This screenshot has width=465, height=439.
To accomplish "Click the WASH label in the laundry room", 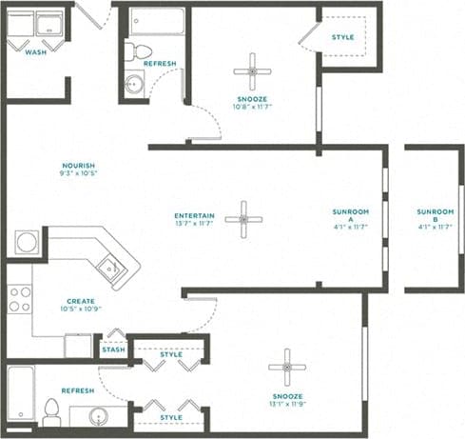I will tap(35, 52).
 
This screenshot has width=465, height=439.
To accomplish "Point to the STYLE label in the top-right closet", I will tap(343, 37).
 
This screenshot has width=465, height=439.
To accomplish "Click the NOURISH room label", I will tap(77, 165).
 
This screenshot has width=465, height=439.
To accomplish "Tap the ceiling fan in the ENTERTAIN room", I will tap(243, 220).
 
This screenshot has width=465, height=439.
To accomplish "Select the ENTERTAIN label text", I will tap(194, 214).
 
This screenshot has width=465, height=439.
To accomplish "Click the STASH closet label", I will tap(113, 350).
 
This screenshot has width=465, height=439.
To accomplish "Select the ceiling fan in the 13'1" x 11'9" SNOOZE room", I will tap(285, 367).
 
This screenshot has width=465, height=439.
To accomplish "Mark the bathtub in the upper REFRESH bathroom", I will tap(157, 22).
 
